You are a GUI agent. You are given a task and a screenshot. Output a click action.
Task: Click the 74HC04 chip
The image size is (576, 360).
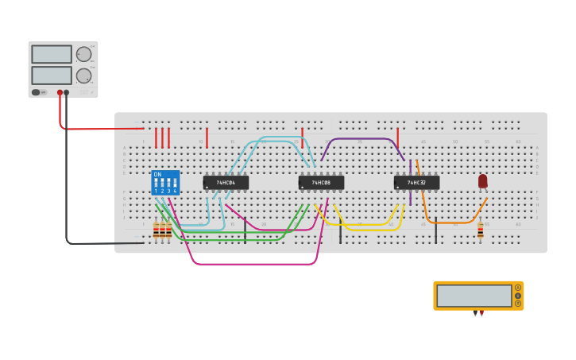[x=226, y=182]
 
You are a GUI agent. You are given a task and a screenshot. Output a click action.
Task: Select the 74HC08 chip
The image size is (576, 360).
[x=321, y=182]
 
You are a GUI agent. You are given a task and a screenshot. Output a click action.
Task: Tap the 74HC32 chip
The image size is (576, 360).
[x=416, y=182]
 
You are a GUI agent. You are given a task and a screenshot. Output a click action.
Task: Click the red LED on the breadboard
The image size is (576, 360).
[x=483, y=181]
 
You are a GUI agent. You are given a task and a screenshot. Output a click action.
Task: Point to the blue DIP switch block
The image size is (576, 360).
[x=165, y=183]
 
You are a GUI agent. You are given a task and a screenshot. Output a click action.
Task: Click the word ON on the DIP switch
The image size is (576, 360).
[x=157, y=174]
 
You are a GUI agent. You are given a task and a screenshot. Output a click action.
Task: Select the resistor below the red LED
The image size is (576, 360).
[x=480, y=230]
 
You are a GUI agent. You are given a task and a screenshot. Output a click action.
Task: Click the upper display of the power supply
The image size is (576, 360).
[x=52, y=54]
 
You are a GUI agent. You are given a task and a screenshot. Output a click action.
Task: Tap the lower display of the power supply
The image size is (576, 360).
[x=52, y=75]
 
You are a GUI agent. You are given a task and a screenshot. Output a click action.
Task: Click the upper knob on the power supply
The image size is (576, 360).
[x=83, y=54]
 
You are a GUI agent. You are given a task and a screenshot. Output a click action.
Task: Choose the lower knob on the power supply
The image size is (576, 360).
[x=83, y=75]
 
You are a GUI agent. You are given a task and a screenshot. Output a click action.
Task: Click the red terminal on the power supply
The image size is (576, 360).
[x=60, y=92]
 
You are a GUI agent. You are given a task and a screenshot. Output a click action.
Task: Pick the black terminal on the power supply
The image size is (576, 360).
[x=67, y=92]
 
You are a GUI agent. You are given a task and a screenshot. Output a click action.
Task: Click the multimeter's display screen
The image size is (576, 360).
[x=474, y=296]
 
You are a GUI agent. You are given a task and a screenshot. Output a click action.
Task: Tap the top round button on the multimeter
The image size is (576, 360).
[x=518, y=288]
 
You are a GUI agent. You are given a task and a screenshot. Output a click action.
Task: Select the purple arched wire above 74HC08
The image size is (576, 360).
[x=361, y=139]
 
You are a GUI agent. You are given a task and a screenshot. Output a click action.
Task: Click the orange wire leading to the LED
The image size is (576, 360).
[x=453, y=222]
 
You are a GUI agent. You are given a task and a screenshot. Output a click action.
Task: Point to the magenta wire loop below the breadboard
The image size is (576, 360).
[x=254, y=263]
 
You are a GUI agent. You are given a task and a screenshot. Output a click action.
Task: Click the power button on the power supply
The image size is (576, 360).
[x=37, y=92]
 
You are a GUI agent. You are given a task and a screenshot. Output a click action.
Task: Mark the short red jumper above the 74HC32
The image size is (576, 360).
[x=397, y=137]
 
